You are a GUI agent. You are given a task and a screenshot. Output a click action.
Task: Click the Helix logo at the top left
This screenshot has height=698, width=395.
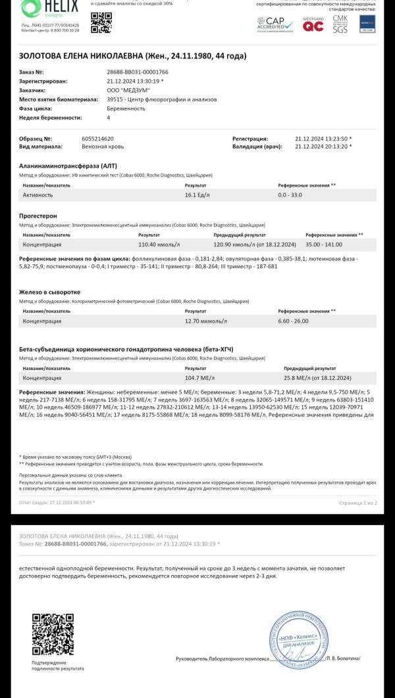click(x=49, y=8)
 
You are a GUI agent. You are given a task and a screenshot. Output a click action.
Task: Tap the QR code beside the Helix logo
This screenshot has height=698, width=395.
click(x=101, y=22)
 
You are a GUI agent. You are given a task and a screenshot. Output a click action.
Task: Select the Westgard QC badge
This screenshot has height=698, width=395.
click(x=313, y=24)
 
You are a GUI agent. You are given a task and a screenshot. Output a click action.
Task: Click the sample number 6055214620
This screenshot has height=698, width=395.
click(x=98, y=139)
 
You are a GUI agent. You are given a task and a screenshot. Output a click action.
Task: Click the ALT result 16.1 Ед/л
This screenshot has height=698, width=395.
click(x=197, y=195)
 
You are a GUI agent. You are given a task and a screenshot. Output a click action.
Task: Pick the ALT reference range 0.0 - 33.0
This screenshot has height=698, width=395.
click(x=290, y=195)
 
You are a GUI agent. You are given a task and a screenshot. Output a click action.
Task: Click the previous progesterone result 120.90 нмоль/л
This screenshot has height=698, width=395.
click(x=255, y=244)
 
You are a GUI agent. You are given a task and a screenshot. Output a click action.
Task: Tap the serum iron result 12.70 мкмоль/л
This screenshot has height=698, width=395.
click(x=205, y=321)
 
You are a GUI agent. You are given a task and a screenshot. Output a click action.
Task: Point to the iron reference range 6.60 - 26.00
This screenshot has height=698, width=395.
click(x=293, y=321)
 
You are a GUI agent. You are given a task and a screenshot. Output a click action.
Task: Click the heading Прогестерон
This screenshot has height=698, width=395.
click(x=38, y=216)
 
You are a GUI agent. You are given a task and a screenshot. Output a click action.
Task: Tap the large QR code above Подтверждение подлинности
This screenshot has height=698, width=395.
click(x=53, y=636)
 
